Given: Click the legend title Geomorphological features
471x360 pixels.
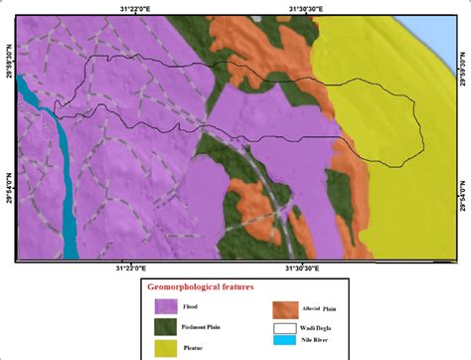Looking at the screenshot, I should pos(201,286).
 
